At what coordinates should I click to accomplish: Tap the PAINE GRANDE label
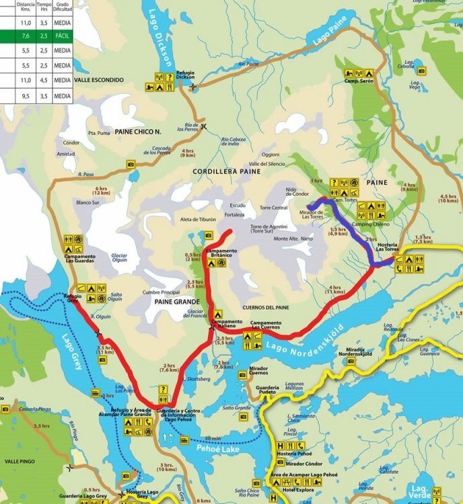pos(174,302)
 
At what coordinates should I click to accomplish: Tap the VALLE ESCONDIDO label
pos(99,80)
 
